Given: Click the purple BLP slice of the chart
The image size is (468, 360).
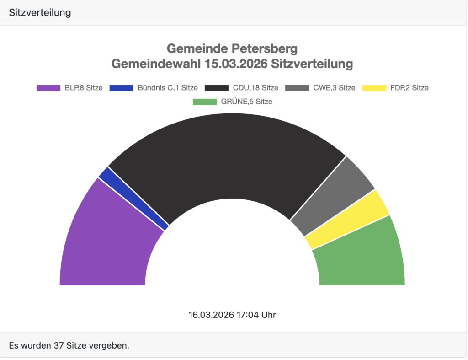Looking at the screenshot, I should pos(105,238).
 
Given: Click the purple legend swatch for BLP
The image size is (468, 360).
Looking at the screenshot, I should pos(48,88).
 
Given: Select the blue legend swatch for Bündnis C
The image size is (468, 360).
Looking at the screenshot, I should pos(122,88).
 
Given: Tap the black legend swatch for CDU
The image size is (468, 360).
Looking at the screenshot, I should pos(217,88).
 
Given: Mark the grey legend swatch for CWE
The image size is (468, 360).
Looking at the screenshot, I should pos(297,88).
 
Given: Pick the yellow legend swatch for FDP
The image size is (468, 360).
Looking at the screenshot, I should pos(374,88).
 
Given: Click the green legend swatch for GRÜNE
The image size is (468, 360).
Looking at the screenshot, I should pos(205,102).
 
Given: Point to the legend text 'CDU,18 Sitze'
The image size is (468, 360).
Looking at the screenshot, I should pos(255,88).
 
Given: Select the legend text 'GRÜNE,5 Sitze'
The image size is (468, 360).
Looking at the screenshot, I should pos(246,102).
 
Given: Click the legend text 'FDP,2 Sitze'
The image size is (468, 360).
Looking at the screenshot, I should pos(409,88).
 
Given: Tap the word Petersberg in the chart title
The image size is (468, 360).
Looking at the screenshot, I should pos(265,48).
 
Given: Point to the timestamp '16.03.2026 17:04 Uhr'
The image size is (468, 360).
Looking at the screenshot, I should pos(232,315).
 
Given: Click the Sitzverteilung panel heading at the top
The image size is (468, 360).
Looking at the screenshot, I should pos(40,12).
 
